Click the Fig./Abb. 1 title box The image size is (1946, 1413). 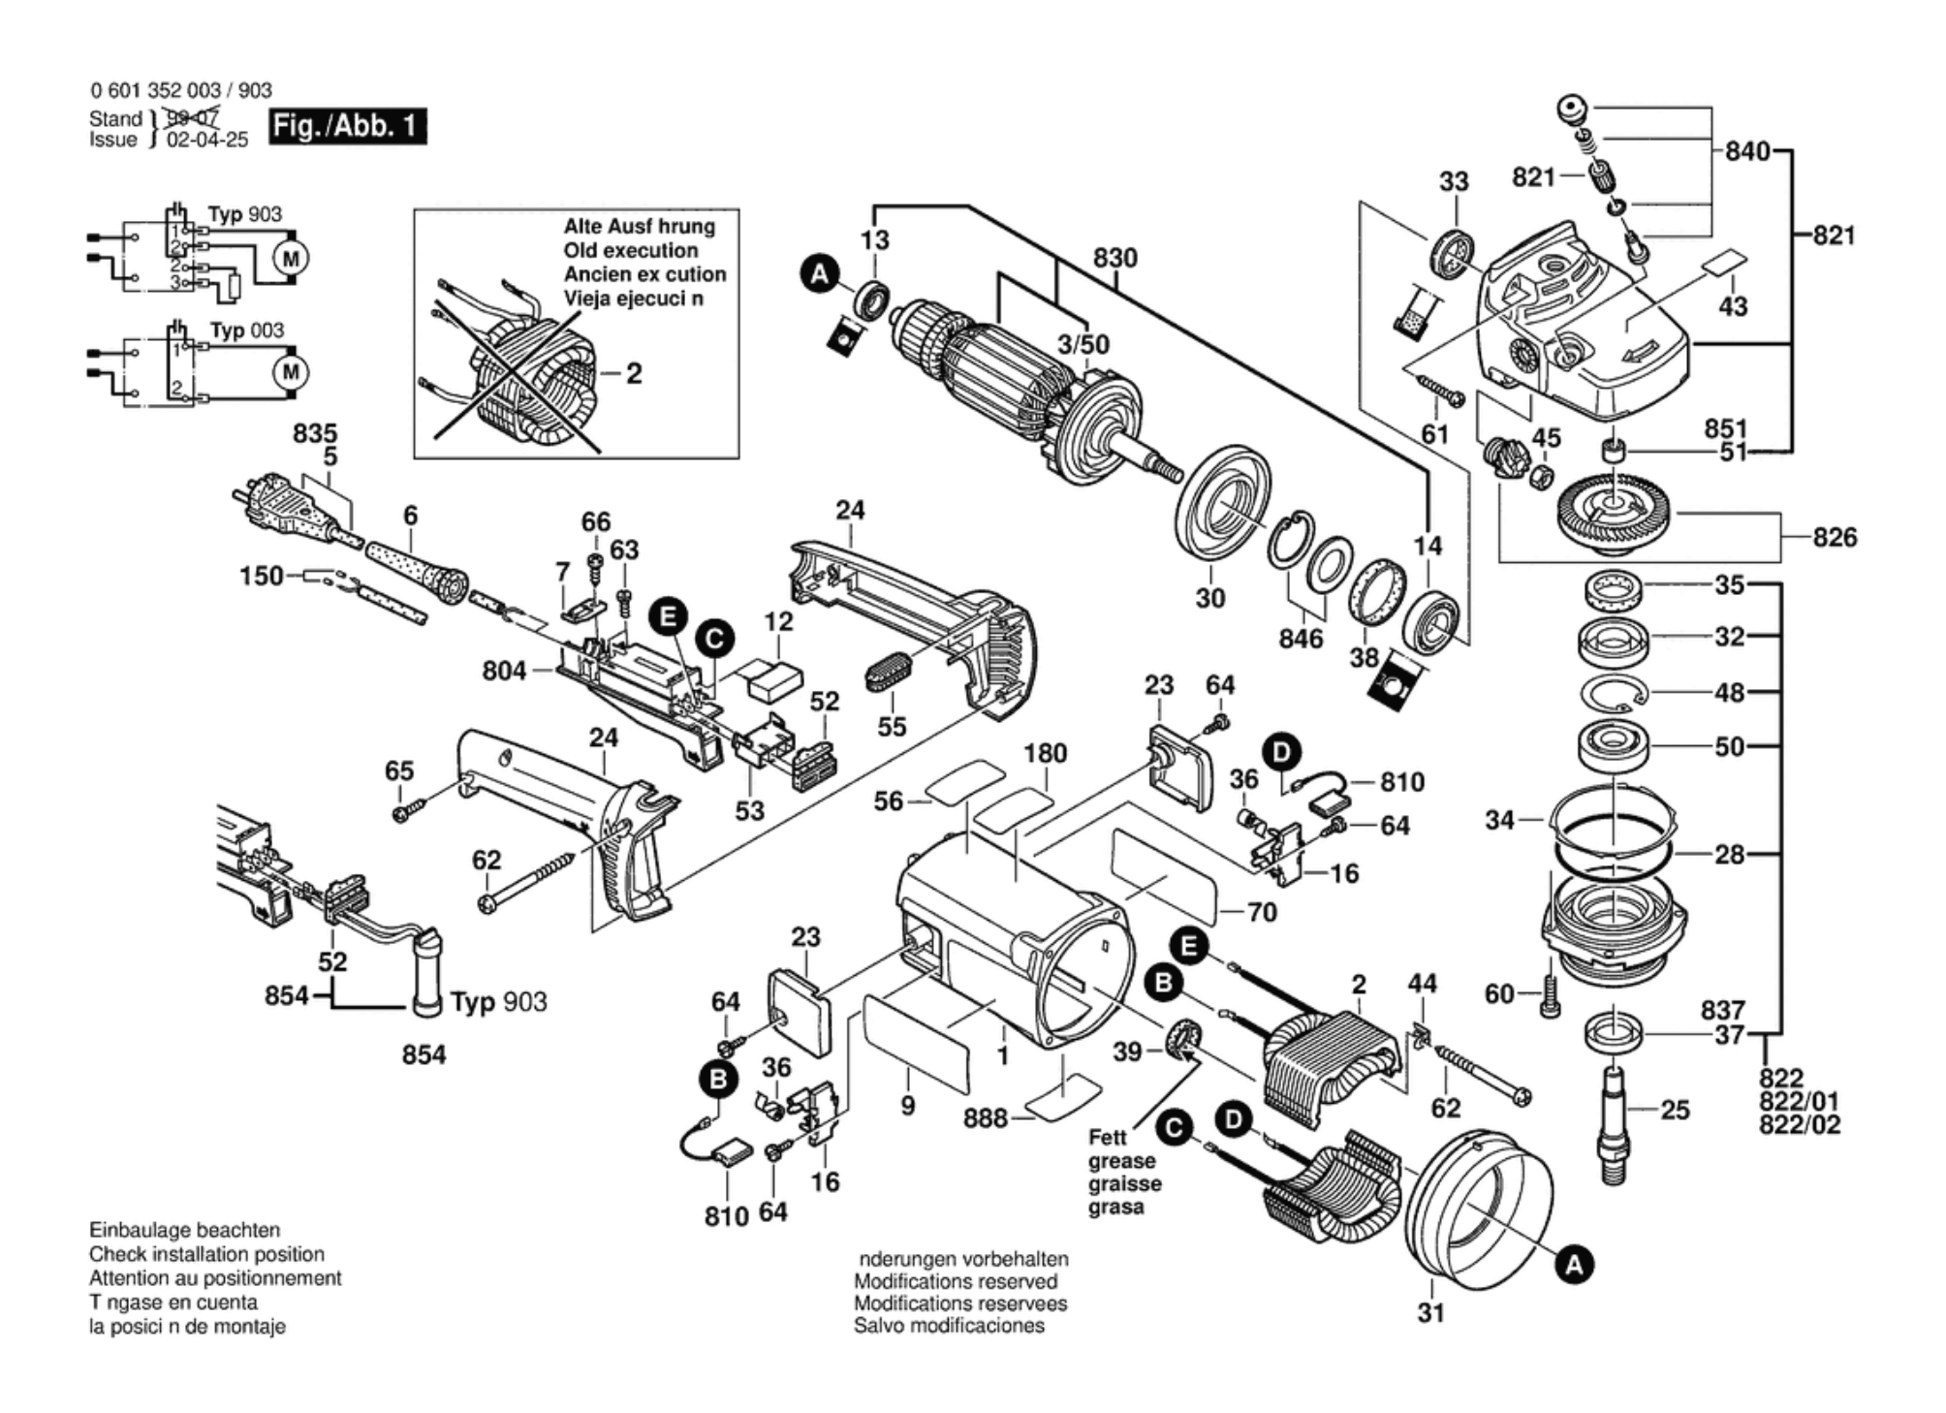(347, 126)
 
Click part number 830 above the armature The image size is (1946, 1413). (1114, 259)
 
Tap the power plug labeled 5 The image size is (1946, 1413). (281, 505)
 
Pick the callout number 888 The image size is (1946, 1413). (985, 1118)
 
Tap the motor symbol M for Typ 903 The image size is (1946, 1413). (291, 259)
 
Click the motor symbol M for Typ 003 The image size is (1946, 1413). (291, 372)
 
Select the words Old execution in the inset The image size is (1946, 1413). (630, 250)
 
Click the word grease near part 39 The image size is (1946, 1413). (1121, 1161)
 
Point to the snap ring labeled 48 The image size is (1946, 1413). (1614, 694)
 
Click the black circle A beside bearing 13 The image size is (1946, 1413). (820, 274)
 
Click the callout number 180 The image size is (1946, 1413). (1045, 754)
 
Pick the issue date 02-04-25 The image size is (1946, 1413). (207, 140)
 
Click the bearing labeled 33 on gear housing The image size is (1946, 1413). (1452, 255)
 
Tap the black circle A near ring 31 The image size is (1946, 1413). (1574, 1265)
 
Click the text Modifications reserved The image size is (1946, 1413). (955, 1281)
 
